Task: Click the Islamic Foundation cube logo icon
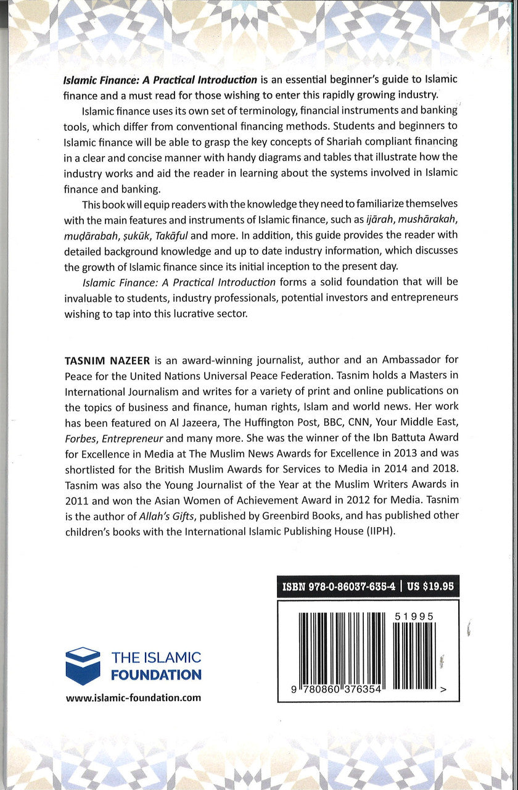(x=83, y=666)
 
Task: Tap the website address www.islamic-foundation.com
(x=133, y=697)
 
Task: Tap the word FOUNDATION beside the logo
(x=156, y=675)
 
